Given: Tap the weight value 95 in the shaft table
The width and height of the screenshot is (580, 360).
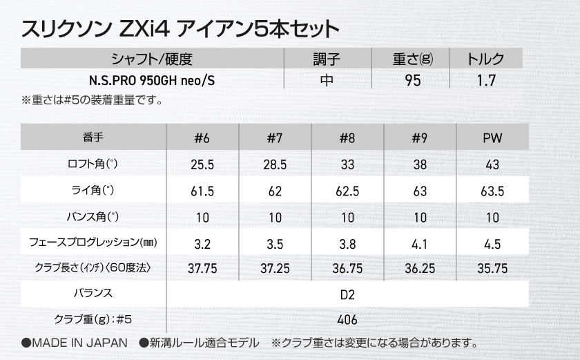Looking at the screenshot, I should pyautogui.click(x=413, y=80).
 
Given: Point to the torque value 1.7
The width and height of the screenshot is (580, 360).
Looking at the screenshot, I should pyautogui.click(x=486, y=80).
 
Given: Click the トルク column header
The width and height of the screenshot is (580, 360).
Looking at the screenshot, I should pyautogui.click(x=486, y=59).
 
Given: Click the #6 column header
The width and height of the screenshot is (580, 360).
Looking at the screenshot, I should pyautogui.click(x=202, y=138).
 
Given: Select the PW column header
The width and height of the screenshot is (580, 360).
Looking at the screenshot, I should pyautogui.click(x=492, y=138).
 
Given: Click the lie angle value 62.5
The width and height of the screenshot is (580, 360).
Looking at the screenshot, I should pyautogui.click(x=347, y=191).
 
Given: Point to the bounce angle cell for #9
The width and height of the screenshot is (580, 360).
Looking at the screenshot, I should pyautogui.click(x=420, y=218).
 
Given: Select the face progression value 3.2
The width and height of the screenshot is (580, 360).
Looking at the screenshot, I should pyautogui.click(x=202, y=243).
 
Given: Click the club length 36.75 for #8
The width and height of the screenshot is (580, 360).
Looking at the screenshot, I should pyautogui.click(x=347, y=268).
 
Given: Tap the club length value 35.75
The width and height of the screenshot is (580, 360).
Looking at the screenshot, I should pyautogui.click(x=492, y=268).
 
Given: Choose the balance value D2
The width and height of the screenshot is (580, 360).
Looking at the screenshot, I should pyautogui.click(x=347, y=294).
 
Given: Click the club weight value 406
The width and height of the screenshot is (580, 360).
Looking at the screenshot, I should pyautogui.click(x=347, y=320).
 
